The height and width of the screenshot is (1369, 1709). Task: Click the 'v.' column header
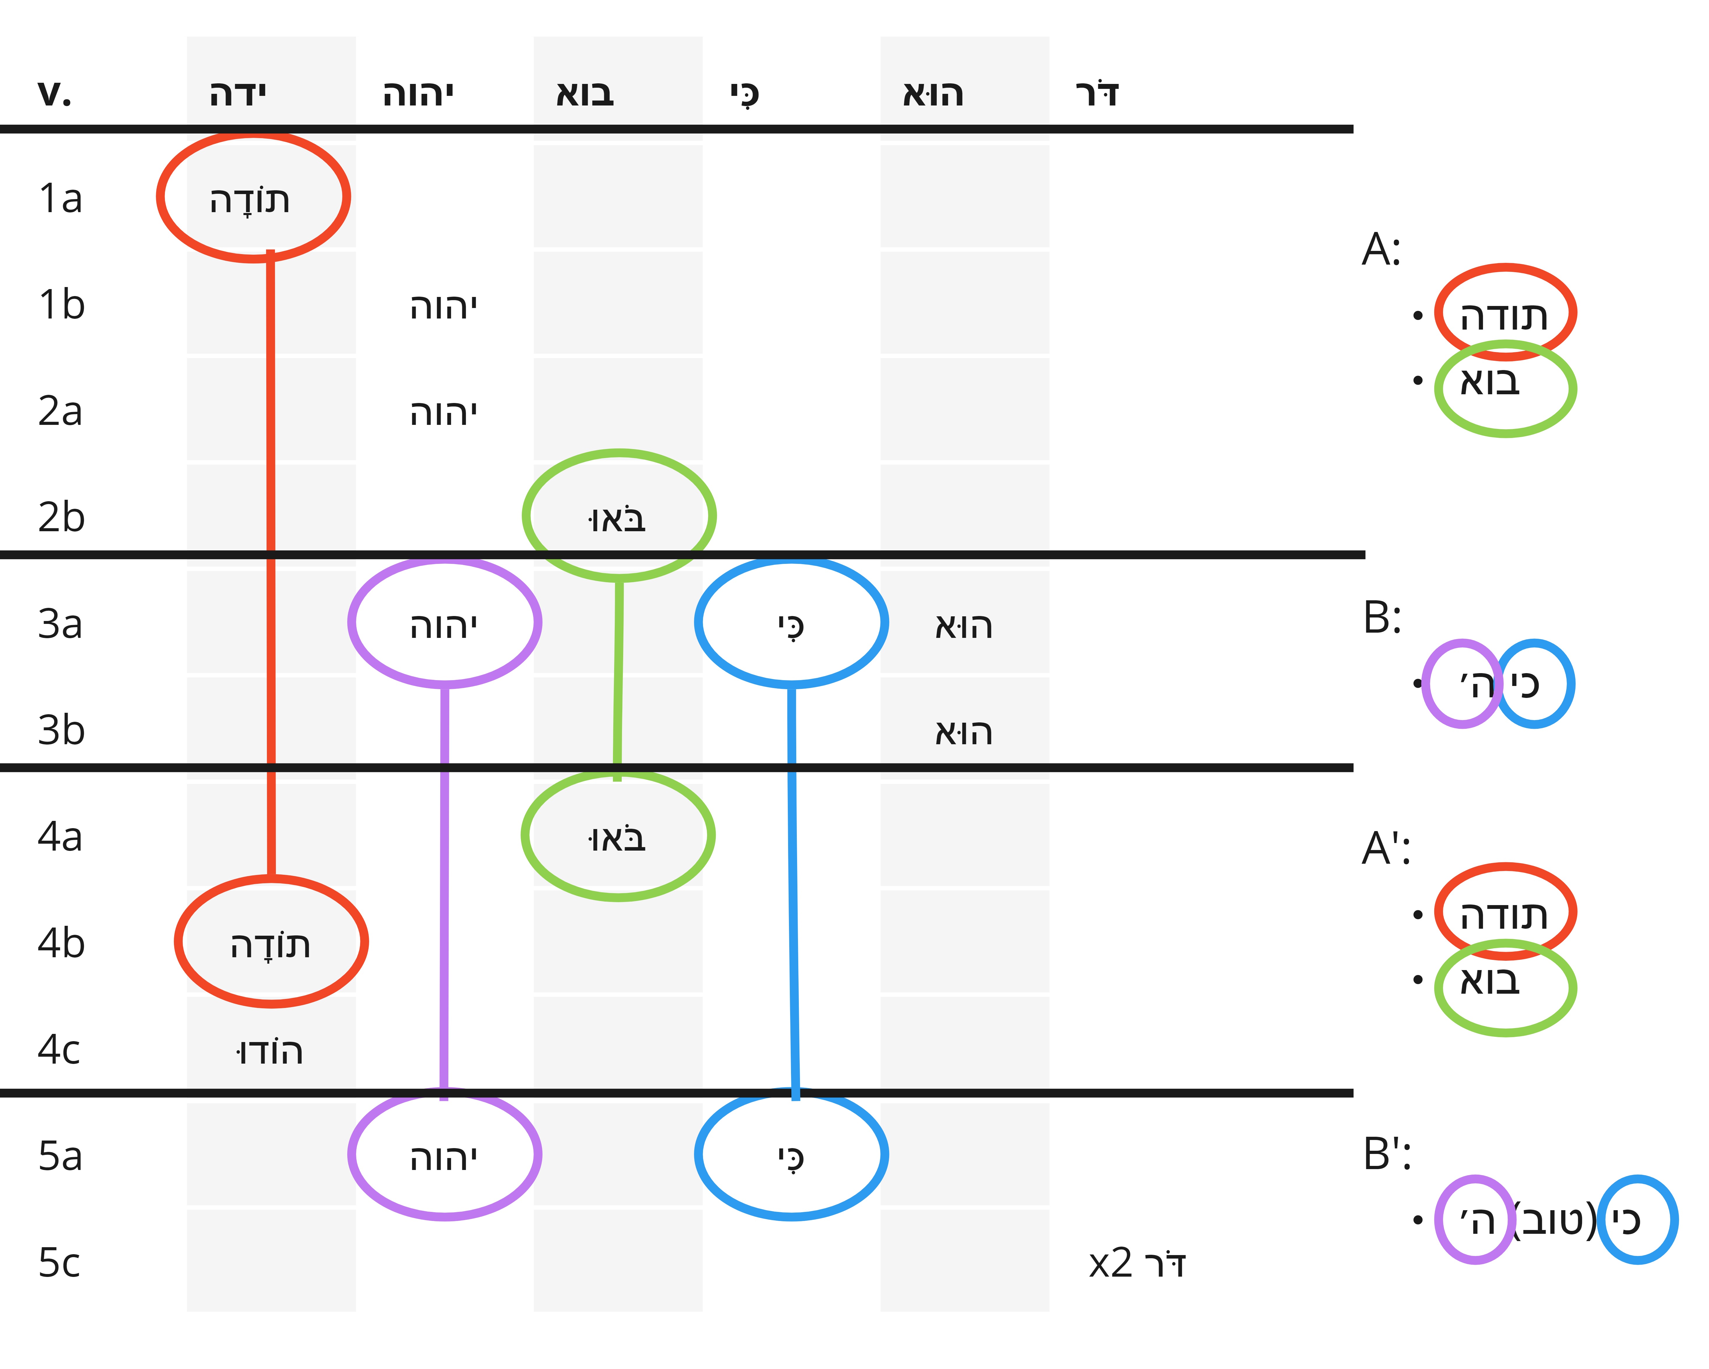[x=55, y=94]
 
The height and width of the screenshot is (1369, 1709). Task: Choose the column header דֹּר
[x=1097, y=94]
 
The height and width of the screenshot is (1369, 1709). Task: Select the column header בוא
[x=585, y=94]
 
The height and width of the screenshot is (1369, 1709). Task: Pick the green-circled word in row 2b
[x=617, y=518]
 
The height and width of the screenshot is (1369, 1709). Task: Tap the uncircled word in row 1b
[x=444, y=306]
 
